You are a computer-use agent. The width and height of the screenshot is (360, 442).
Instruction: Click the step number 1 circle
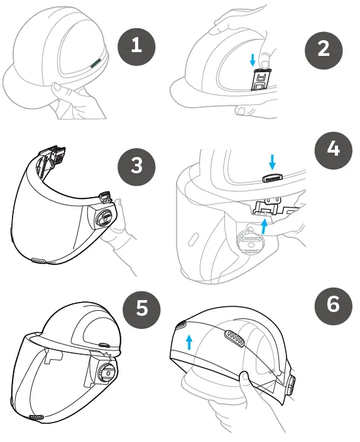click(x=138, y=45)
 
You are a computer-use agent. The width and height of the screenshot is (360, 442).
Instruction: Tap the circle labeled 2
click(x=323, y=48)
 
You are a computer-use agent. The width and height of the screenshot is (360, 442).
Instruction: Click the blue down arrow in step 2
click(x=252, y=60)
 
